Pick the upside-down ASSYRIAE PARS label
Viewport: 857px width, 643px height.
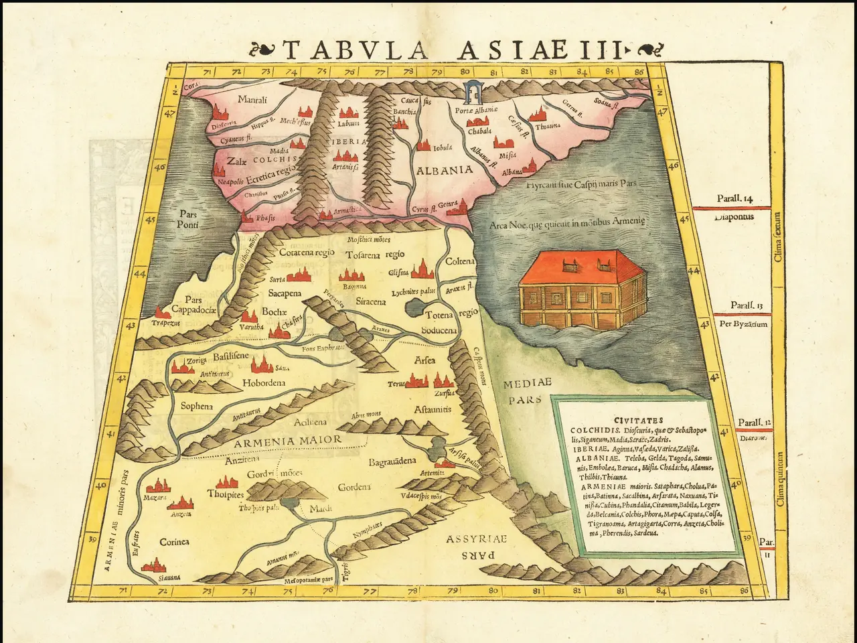(478, 547)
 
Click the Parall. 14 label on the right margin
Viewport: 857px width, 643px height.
(735, 198)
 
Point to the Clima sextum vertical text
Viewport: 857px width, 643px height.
(777, 238)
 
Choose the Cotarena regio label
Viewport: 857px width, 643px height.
(307, 253)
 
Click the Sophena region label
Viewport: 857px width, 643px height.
(197, 406)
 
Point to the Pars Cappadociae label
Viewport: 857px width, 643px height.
(193, 305)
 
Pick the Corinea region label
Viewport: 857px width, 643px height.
(174, 541)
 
